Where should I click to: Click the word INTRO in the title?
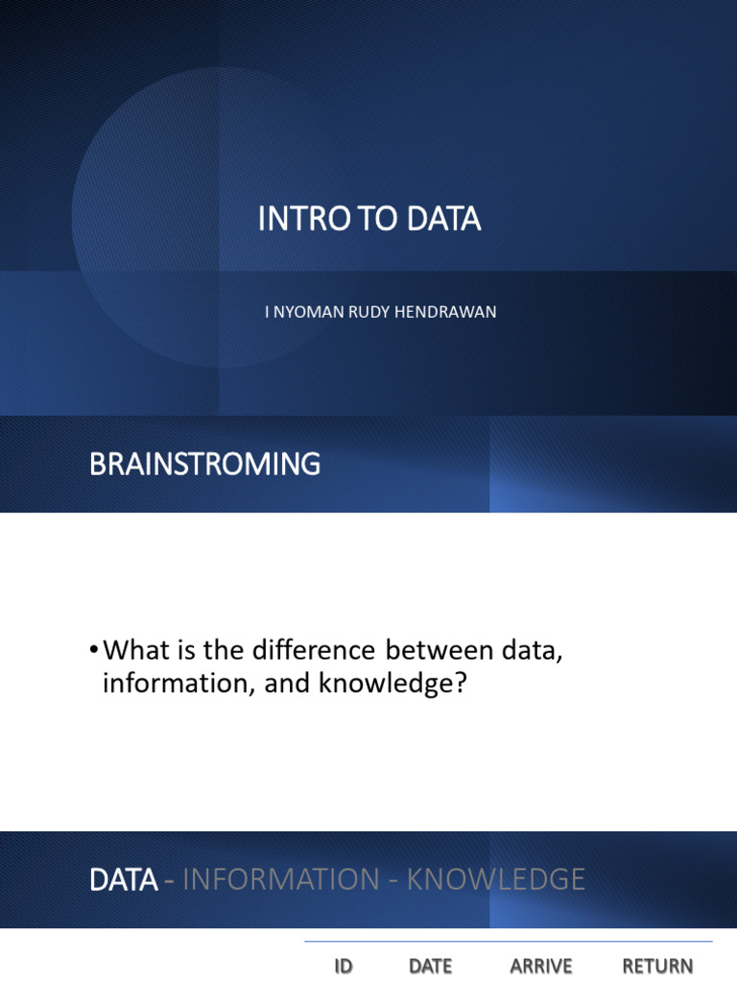click(294, 220)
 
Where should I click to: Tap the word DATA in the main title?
click(443, 220)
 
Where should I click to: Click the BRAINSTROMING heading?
click(204, 465)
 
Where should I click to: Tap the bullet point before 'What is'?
click(93, 651)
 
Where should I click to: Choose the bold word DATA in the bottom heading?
click(123, 879)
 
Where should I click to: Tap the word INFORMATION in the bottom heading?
click(280, 879)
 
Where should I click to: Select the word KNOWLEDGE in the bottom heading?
click(496, 879)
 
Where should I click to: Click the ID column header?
click(344, 967)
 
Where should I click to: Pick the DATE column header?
click(430, 967)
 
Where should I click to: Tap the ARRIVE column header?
click(541, 967)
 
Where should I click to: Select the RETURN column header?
click(657, 967)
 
